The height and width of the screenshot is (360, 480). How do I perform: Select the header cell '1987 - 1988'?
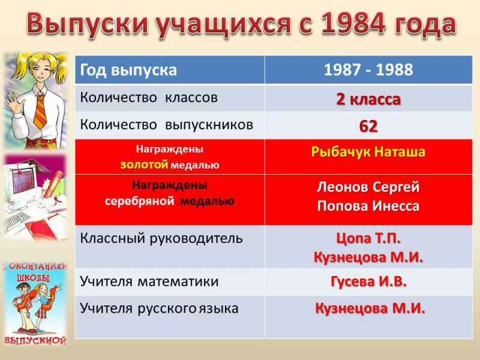[x=368, y=70]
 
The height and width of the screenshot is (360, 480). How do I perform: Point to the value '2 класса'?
[x=368, y=99]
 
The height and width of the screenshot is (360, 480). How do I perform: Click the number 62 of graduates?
[x=368, y=126]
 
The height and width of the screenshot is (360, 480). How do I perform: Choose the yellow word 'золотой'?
[x=144, y=164]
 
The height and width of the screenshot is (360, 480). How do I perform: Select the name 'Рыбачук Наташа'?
[x=368, y=152]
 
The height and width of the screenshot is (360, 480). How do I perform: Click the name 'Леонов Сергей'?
[x=368, y=187]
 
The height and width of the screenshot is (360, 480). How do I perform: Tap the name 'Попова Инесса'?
[x=368, y=206]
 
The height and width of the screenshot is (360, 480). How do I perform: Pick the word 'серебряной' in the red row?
[x=140, y=202]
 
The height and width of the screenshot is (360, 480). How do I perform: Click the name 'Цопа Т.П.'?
[x=368, y=238]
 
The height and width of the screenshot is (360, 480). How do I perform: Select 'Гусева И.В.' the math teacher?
[x=368, y=281]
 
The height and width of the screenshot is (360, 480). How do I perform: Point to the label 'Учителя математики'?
[x=149, y=281]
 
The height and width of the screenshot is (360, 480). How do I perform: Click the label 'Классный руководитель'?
[x=161, y=238]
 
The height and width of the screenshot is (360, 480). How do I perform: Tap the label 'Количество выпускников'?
[x=167, y=125]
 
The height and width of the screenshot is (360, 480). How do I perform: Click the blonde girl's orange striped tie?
[x=40, y=112]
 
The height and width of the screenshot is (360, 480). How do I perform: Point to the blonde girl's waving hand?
[x=11, y=102]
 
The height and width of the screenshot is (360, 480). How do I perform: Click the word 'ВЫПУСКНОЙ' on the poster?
[x=35, y=340]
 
